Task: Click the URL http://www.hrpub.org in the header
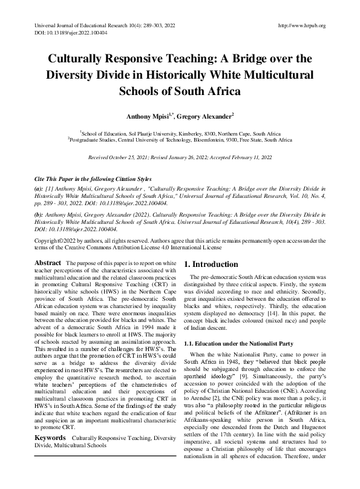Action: pos(301,25)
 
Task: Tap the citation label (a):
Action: pos(39,189)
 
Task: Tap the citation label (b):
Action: pos(39,215)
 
